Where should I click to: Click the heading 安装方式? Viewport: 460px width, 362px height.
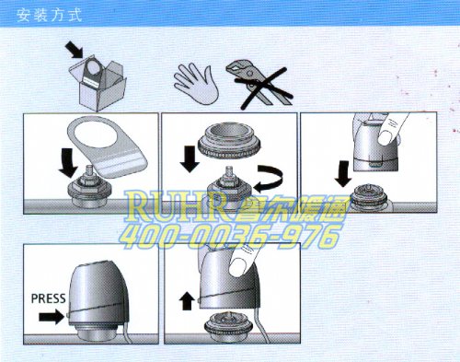point(50,16)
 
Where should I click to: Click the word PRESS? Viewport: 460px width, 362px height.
point(49,298)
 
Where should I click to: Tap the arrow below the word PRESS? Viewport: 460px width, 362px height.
point(52,317)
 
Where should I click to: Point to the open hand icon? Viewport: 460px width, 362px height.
point(196,83)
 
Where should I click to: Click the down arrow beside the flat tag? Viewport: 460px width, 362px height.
point(69,163)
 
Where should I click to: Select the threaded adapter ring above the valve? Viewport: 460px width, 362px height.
point(229,140)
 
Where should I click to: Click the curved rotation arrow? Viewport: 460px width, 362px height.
point(268,179)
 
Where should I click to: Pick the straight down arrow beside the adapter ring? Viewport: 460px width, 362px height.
point(190,158)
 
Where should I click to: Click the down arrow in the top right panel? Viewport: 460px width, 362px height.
point(343,173)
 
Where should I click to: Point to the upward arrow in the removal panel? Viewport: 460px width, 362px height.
point(187,301)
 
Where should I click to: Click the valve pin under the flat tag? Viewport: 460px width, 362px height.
point(90,170)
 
